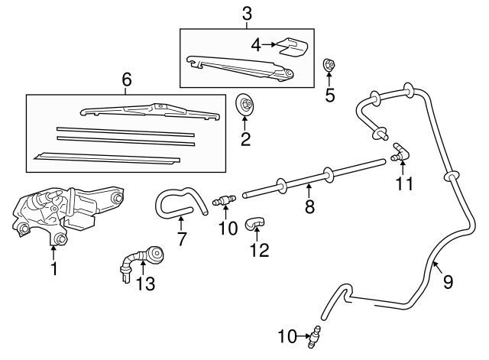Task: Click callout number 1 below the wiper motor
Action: pyautogui.click(x=53, y=269)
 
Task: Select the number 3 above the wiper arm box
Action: pyautogui.click(x=246, y=13)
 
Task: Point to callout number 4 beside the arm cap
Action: pyautogui.click(x=257, y=44)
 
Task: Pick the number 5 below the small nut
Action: pyautogui.click(x=330, y=95)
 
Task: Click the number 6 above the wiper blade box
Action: pyautogui.click(x=127, y=79)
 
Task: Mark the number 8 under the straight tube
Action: pyautogui.click(x=309, y=206)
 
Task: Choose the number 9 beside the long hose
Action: pyautogui.click(x=448, y=281)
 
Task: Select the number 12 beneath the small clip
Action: pyautogui.click(x=261, y=249)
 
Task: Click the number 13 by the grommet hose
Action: pyautogui.click(x=145, y=284)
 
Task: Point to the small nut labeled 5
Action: pyautogui.click(x=330, y=66)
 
